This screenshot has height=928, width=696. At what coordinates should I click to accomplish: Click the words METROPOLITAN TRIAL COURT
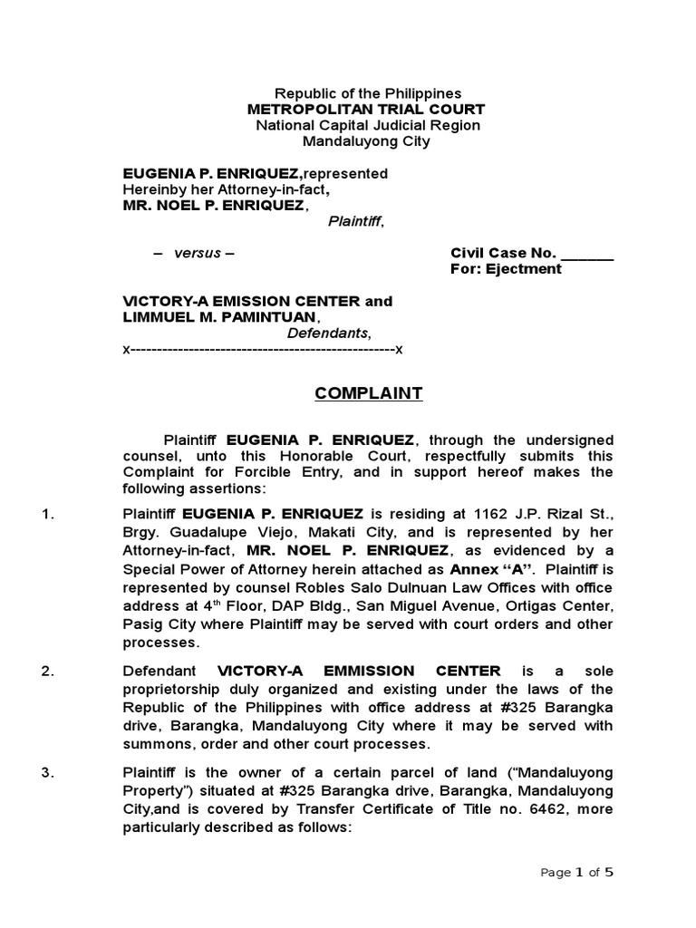[366, 109]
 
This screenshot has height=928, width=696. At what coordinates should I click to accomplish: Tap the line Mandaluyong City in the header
[366, 141]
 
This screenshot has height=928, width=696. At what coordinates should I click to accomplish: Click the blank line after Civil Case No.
[587, 253]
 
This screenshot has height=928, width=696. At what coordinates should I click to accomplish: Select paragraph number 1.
[50, 515]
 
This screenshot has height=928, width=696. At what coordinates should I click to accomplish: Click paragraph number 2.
[50, 672]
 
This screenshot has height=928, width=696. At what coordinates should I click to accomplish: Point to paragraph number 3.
[50, 772]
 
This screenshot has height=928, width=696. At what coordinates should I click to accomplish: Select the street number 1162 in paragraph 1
[494, 515]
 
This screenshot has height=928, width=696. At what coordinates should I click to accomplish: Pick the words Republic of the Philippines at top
[367, 93]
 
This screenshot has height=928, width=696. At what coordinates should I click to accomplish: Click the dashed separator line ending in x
[263, 350]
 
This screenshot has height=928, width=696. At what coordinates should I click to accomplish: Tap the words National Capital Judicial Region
[367, 125]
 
